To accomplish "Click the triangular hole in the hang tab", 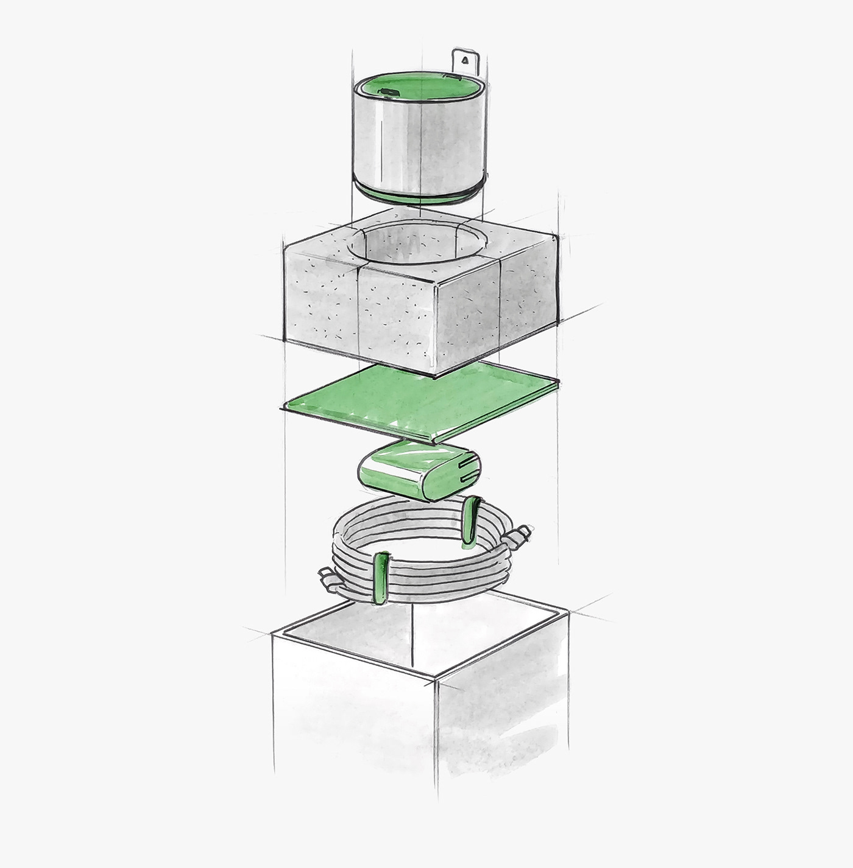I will [x=465, y=60].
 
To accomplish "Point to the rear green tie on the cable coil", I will [x=471, y=520].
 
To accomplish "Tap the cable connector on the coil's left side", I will [x=329, y=575].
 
